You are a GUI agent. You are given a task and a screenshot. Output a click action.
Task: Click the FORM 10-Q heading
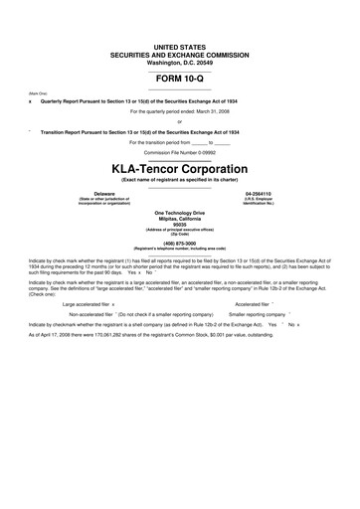coord(179,79)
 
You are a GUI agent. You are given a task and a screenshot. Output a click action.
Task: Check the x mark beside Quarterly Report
coord(30,101)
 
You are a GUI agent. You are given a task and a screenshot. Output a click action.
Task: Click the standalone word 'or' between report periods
coord(179,121)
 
